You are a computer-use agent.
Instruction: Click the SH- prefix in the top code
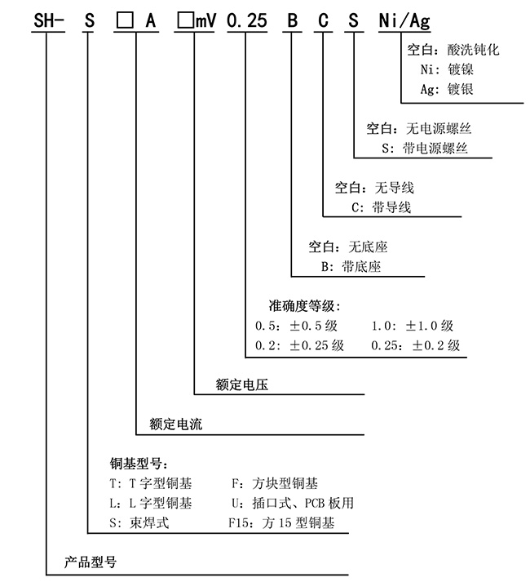[49, 20]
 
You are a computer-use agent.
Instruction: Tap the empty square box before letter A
[125, 20]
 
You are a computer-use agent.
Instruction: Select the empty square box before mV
[185, 20]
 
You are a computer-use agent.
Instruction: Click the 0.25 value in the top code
[247, 20]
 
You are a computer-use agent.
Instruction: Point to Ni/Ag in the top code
[404, 20]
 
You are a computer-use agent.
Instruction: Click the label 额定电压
[242, 384]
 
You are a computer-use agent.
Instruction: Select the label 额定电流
[176, 424]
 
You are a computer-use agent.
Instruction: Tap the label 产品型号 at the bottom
[91, 562]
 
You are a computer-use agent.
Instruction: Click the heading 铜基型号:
[139, 464]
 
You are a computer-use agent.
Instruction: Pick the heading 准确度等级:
[304, 306]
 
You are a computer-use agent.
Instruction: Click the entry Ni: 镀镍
[447, 69]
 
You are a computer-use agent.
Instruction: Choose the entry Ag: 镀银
[447, 89]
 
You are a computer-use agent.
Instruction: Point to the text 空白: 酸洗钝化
[453, 50]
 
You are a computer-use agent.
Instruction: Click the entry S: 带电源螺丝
[425, 149]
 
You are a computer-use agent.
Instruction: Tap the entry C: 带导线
[382, 207]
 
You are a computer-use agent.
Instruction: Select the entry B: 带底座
[351, 266]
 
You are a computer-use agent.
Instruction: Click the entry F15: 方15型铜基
[281, 522]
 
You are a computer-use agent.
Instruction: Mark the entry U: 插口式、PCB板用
[293, 503]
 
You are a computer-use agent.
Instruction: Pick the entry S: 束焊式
[139, 522]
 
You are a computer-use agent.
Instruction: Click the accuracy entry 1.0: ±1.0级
[413, 326]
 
